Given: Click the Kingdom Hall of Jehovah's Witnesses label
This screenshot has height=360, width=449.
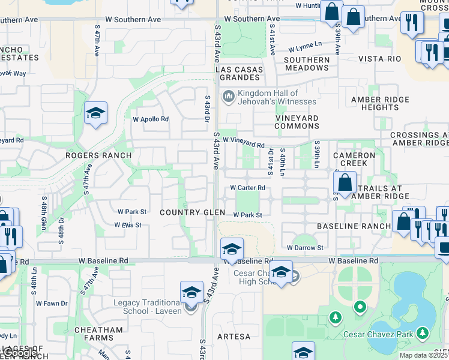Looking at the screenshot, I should (x=268, y=97).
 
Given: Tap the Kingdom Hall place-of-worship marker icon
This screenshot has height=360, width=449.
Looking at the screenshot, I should (x=228, y=96).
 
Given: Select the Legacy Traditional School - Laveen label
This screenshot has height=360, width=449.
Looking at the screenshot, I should (x=148, y=307).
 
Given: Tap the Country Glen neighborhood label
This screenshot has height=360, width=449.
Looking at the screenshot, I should (x=192, y=213).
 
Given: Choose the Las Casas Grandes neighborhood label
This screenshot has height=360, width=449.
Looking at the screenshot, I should (x=240, y=73).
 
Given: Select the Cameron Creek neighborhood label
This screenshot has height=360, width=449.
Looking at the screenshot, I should (x=358, y=159).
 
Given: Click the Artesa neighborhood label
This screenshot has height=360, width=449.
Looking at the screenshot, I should (x=234, y=337).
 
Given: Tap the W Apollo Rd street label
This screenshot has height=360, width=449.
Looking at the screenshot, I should (x=151, y=119).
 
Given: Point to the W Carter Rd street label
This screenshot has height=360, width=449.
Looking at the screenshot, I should (x=248, y=188).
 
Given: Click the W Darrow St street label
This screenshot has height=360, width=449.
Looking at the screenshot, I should (x=305, y=247).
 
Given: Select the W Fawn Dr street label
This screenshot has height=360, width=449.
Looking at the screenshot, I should (x=52, y=303).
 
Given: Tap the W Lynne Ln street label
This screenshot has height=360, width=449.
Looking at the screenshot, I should (x=305, y=47).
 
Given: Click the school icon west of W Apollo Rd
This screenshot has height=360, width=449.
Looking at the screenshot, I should (x=95, y=113).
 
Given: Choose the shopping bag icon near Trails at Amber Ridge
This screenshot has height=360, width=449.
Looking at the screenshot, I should (x=345, y=182).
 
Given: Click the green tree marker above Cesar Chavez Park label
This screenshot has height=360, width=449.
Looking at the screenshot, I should (x=335, y=316).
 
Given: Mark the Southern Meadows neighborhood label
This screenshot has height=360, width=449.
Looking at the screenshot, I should (x=307, y=64).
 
